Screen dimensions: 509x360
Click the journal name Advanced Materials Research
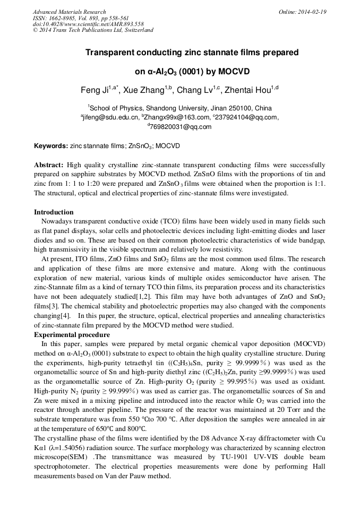pos(70,12)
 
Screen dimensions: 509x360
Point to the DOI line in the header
pos(88,24)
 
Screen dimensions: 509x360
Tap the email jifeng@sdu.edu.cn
pos(111,117)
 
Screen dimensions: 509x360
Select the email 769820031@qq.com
pos(181,127)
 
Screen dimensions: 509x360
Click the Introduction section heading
pos(54,212)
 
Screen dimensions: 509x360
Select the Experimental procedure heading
pos(72,335)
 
